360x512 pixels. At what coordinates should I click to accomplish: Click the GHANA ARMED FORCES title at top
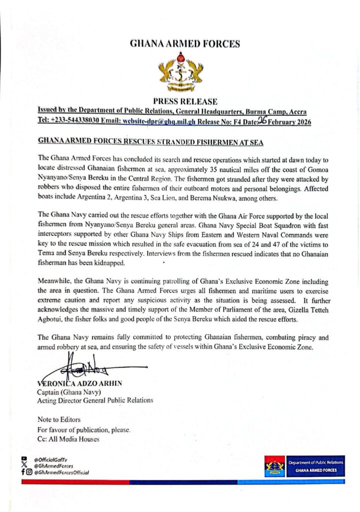coord(184,44)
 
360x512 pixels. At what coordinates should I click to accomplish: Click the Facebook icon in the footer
coord(23,471)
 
